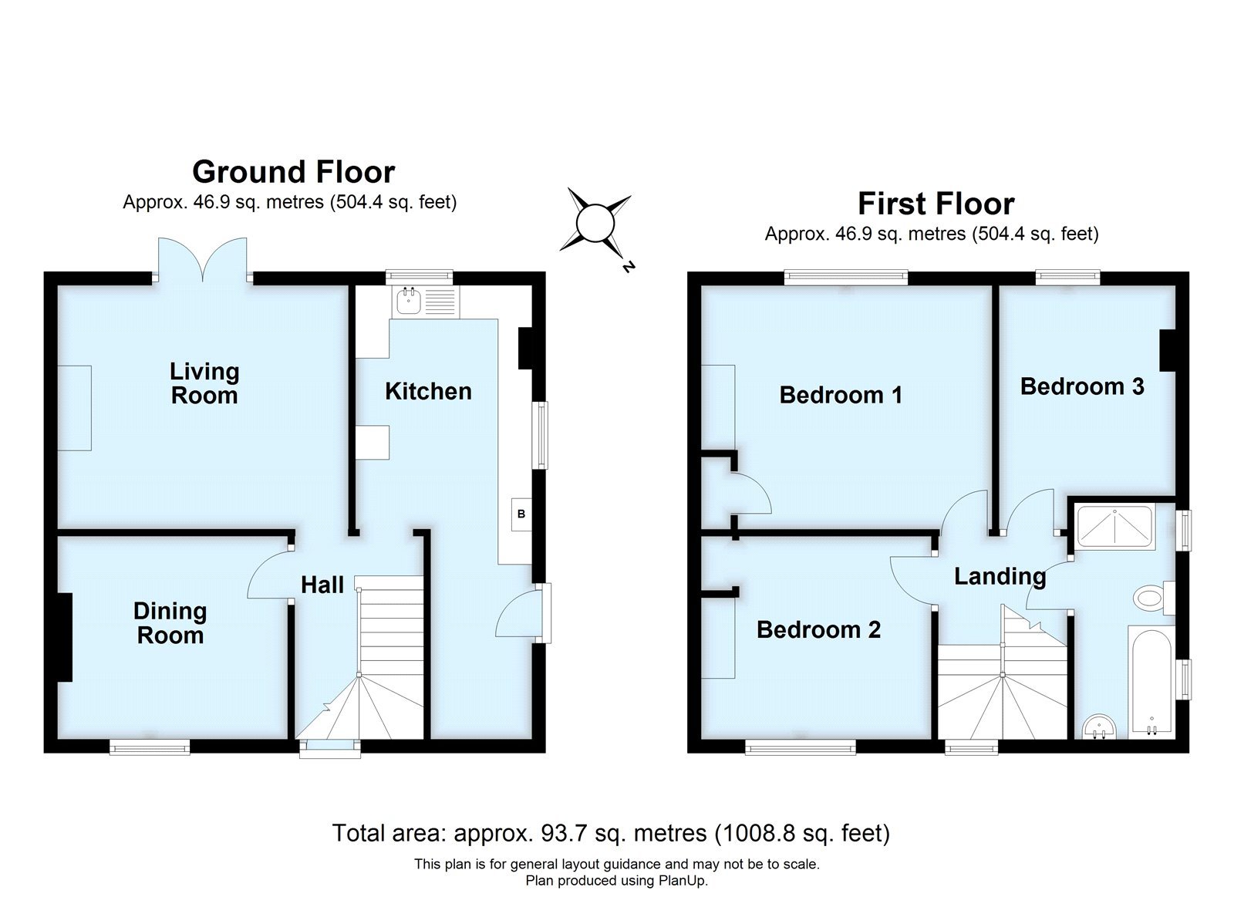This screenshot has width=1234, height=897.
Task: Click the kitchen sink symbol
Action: click(x=408, y=302)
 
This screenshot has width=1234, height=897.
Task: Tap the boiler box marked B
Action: click(x=521, y=514)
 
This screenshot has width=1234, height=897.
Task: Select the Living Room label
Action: click(x=204, y=383)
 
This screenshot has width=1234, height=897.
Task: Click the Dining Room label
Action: click(x=170, y=623)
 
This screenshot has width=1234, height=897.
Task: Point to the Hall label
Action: click(x=322, y=585)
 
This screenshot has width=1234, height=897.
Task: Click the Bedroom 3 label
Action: click(x=1081, y=386)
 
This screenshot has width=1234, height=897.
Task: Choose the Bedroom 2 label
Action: click(x=818, y=630)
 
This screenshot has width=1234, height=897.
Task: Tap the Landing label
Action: click(x=1000, y=576)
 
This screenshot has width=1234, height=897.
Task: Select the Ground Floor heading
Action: click(x=293, y=171)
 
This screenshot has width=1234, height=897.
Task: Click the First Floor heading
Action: click(x=936, y=204)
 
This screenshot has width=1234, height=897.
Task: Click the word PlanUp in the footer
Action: click(x=682, y=881)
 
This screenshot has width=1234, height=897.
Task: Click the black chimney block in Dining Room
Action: click(x=65, y=636)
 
